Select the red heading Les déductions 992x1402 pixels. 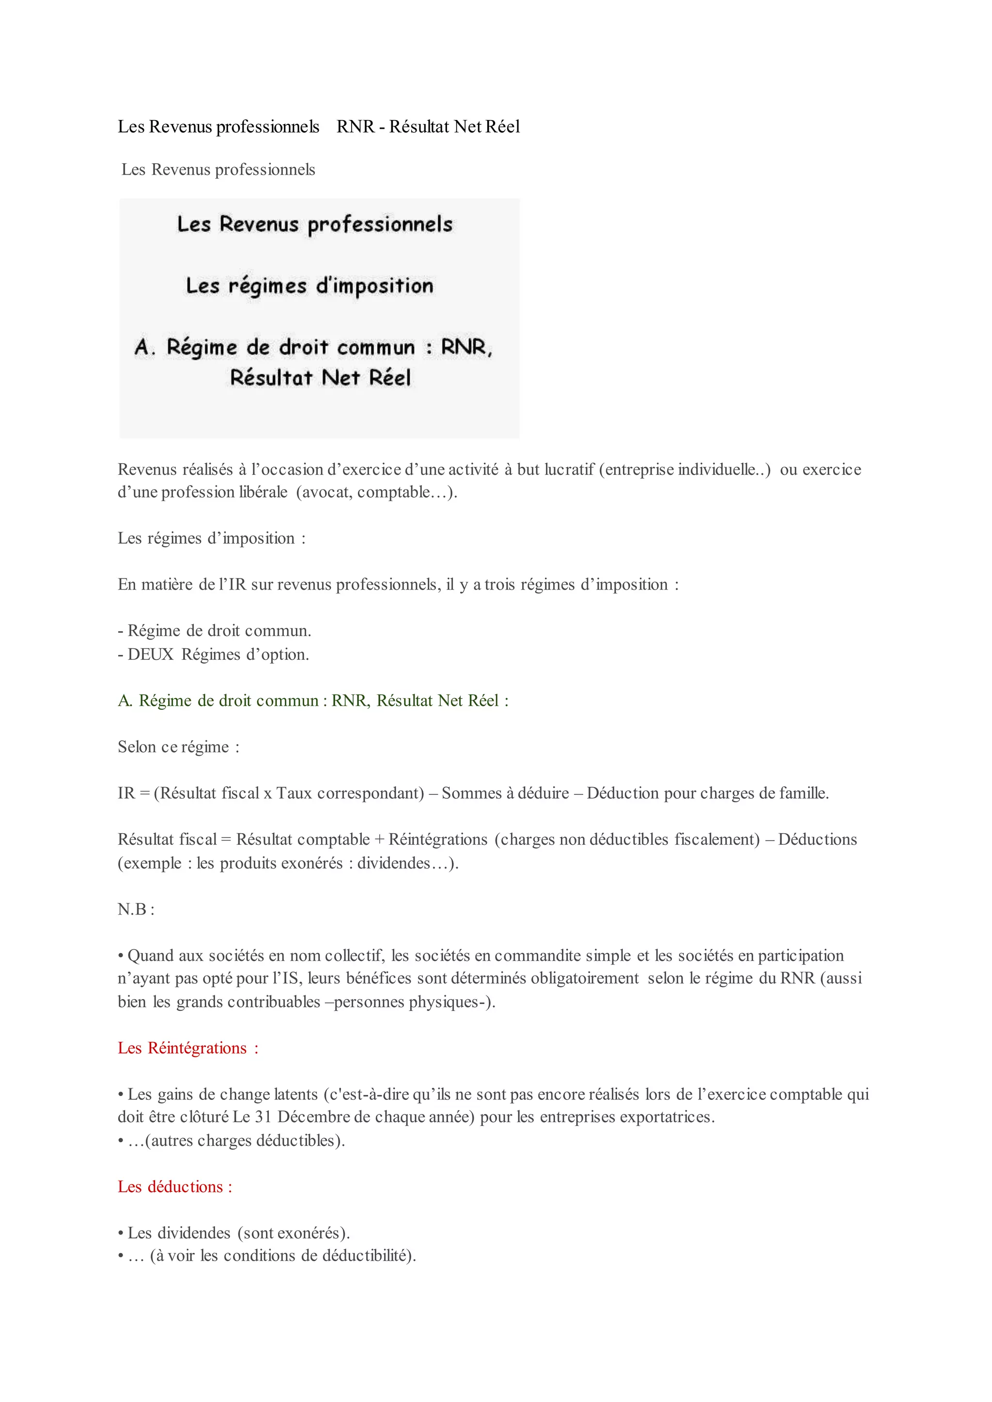[175, 1187]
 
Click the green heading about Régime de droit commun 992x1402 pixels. [313, 701]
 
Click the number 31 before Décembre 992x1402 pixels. [263, 1116]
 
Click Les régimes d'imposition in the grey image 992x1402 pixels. [310, 286]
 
